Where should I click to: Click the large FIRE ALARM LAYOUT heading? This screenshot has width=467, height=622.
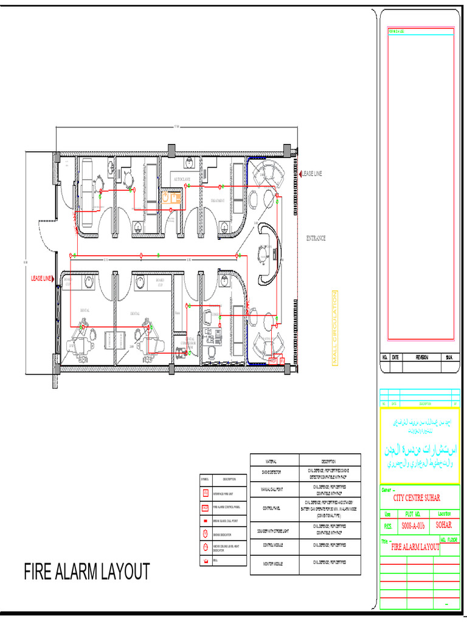click(x=86, y=572)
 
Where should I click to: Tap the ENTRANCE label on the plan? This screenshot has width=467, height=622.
click(x=316, y=239)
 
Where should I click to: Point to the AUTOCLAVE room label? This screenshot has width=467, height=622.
click(x=182, y=180)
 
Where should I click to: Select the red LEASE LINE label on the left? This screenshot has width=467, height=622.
click(x=42, y=278)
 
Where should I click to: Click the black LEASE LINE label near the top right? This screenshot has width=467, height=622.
click(x=312, y=174)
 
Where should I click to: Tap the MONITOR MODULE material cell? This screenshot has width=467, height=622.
click(x=274, y=565)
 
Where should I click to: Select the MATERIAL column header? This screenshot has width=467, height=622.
click(x=274, y=462)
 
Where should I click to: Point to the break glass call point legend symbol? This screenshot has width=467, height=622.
click(x=206, y=521)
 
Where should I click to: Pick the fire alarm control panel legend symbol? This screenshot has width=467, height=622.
click(x=206, y=507)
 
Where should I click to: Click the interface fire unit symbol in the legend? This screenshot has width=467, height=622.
click(x=206, y=493)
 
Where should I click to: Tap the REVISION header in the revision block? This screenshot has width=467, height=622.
click(x=422, y=358)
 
